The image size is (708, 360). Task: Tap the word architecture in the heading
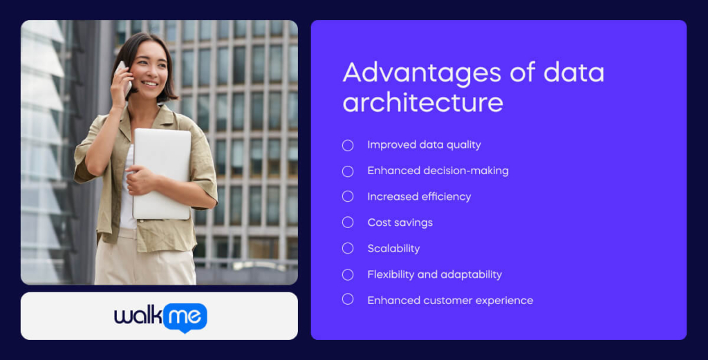[422, 103]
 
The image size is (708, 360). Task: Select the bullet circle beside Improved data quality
[348, 145]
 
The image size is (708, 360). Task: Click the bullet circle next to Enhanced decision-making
[348, 171]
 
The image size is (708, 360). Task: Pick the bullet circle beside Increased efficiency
[348, 196]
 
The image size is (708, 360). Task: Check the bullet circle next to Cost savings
[348, 222]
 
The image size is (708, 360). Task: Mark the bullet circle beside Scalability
[348, 248]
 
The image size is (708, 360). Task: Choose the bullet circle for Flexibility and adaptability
[348, 274]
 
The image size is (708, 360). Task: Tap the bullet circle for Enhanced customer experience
[348, 299]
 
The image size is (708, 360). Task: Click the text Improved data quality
[424, 145]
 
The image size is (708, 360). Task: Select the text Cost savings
[400, 222]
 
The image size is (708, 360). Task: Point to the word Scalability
[393, 249]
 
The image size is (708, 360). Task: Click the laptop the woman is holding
[162, 173]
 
